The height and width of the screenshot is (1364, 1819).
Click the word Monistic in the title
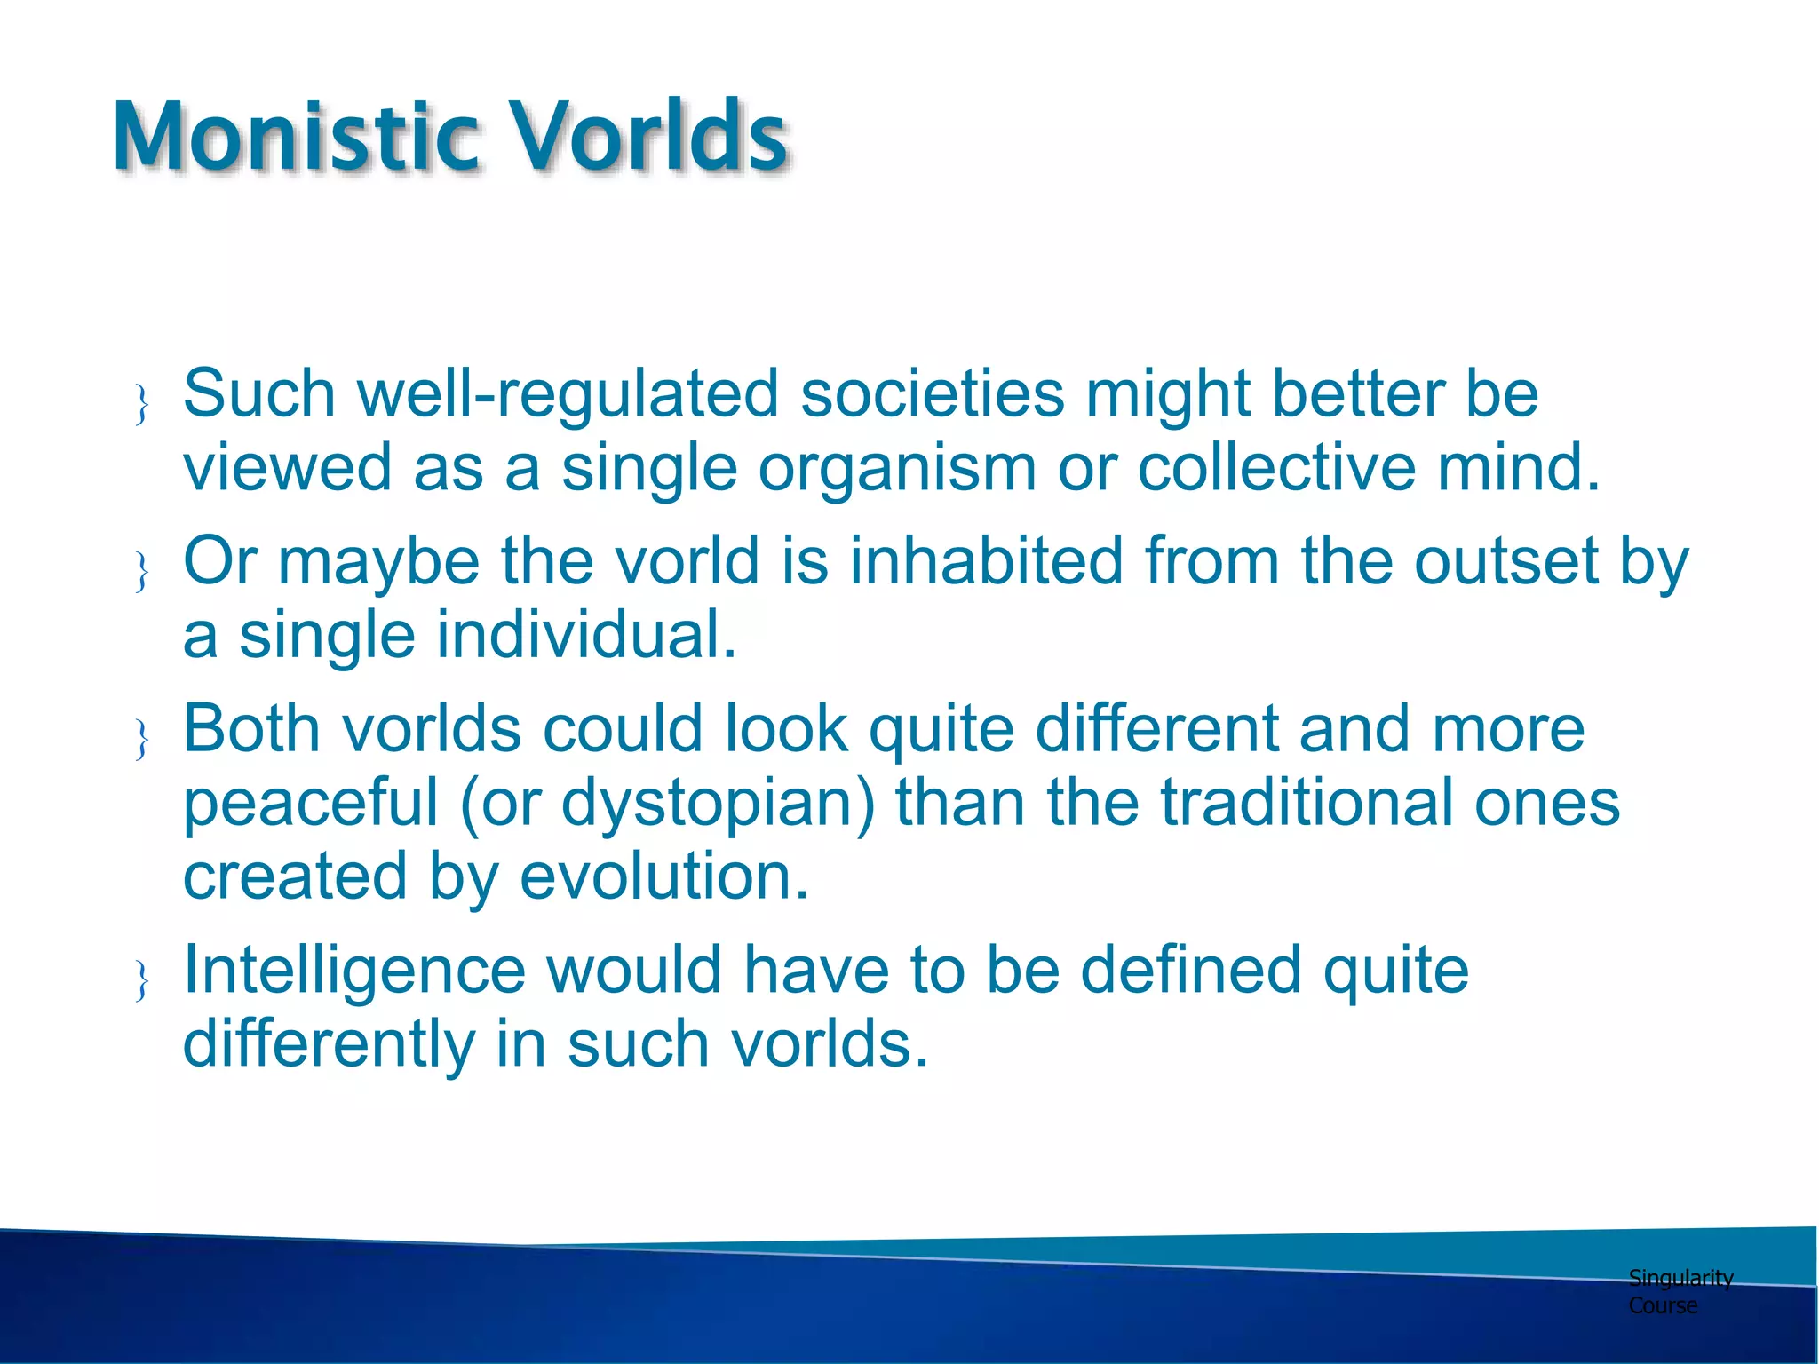pyautogui.click(x=297, y=138)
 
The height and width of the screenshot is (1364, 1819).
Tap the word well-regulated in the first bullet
pyautogui.click(x=568, y=394)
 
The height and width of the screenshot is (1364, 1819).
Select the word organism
pyautogui.click(x=897, y=468)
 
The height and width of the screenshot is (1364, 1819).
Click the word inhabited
pyautogui.click(x=987, y=561)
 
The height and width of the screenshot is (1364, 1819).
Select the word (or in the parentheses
pyautogui.click(x=499, y=803)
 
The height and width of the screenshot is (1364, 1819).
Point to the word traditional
pyautogui.click(x=1307, y=803)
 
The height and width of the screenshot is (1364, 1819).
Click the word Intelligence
pyautogui.click(x=354, y=970)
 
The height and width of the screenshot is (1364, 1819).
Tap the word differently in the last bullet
pyautogui.click(x=329, y=1044)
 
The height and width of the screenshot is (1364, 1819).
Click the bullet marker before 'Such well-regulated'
pyautogui.click(x=141, y=405)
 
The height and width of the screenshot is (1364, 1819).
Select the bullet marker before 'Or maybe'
pyautogui.click(x=141, y=572)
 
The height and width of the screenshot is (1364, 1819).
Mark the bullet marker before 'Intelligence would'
pyautogui.click(x=141, y=981)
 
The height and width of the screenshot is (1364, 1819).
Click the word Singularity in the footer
pyautogui.click(x=1680, y=1279)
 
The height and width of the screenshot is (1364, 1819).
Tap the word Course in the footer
pyautogui.click(x=1663, y=1306)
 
